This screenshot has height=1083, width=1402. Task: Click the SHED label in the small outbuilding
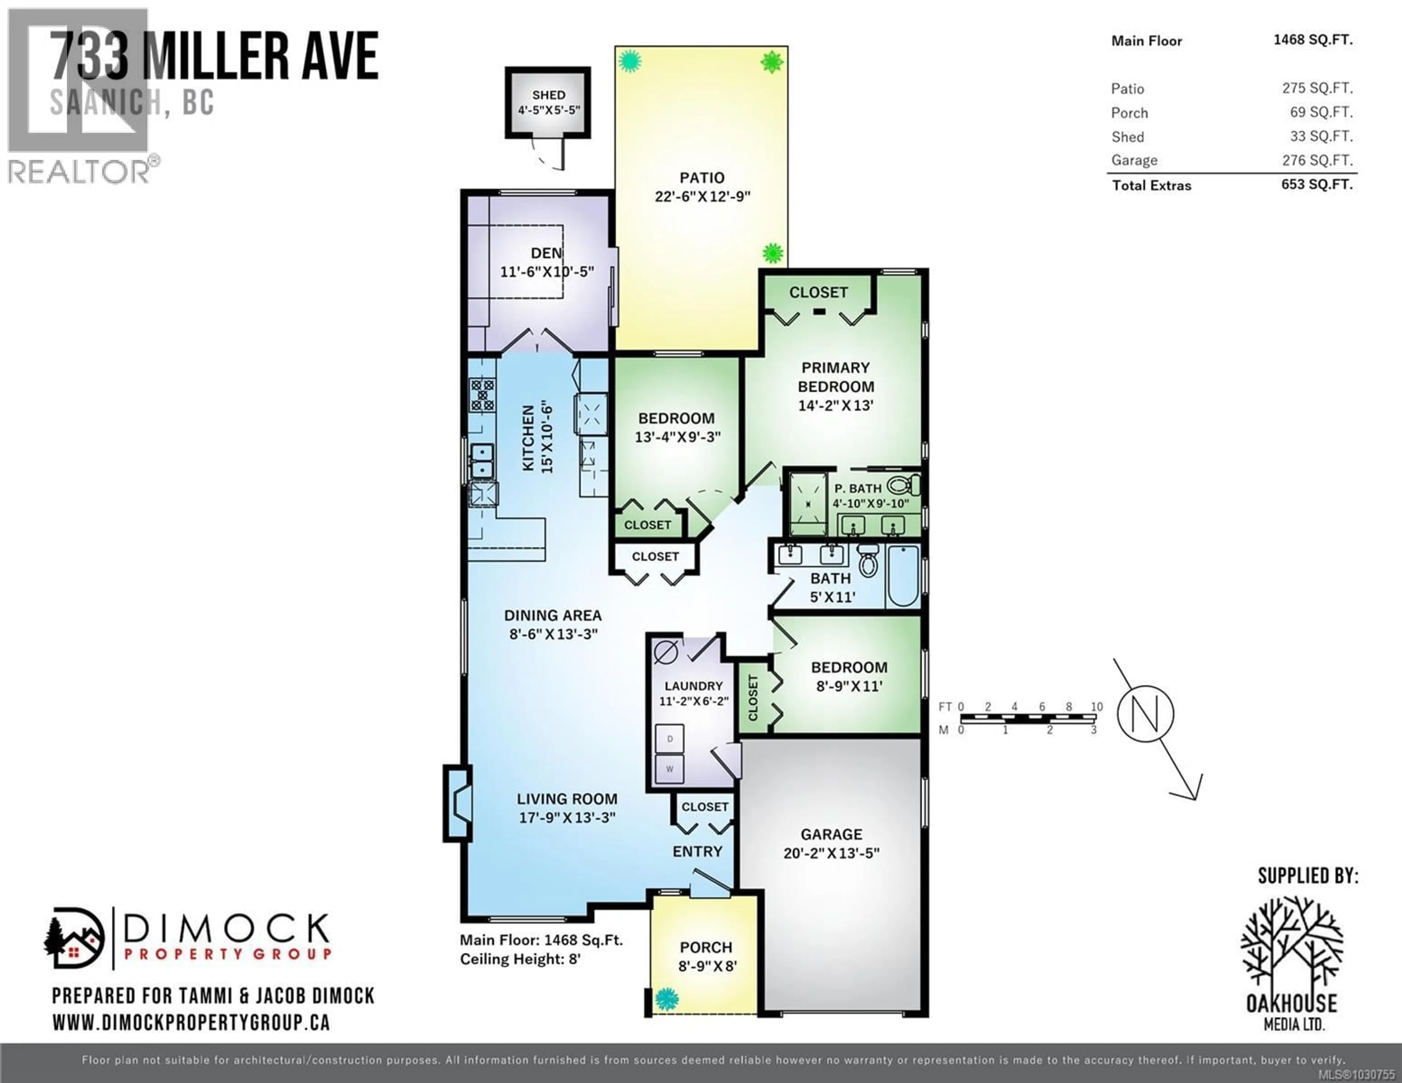pyautogui.click(x=548, y=95)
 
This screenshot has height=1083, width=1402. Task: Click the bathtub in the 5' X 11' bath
pyautogui.click(x=903, y=576)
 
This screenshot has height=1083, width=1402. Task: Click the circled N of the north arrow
pyautogui.click(x=1145, y=714)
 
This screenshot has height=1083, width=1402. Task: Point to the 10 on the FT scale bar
pyautogui.click(x=1096, y=707)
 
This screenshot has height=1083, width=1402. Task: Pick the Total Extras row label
pyautogui.click(x=1151, y=185)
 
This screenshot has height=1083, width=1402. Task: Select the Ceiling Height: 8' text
pyautogui.click(x=520, y=959)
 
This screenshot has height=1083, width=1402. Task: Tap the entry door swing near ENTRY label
pyautogui.click(x=709, y=884)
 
